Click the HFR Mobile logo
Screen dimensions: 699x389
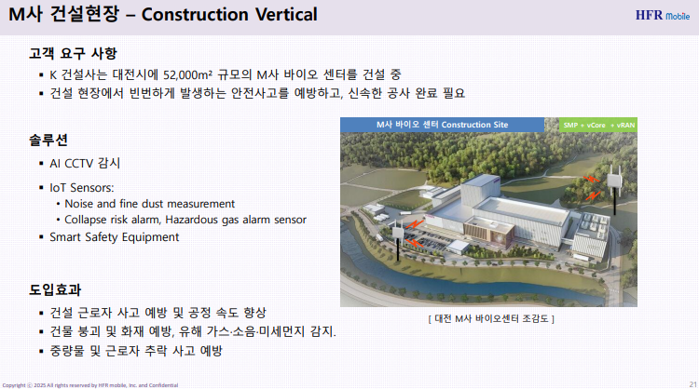(663, 15)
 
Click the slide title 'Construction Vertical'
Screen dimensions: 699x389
(229, 14)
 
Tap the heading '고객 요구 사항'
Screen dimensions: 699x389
(73, 53)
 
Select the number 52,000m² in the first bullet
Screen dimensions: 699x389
(187, 74)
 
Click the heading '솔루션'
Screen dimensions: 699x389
(48, 140)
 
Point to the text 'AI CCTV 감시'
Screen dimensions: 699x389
(85, 164)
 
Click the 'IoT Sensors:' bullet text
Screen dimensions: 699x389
(82, 187)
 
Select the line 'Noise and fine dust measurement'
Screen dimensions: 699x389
(149, 204)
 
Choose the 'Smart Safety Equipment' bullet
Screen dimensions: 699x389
(114, 236)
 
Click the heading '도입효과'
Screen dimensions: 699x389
(55, 289)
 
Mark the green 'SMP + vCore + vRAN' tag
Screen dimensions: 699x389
(598, 125)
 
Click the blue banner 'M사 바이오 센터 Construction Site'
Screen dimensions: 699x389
(442, 125)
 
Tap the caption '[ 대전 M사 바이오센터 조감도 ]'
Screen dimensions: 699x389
(491, 318)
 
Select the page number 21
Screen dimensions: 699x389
(692, 384)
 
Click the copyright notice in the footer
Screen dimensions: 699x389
(90, 385)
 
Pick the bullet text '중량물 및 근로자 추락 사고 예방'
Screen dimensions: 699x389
(136, 351)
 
